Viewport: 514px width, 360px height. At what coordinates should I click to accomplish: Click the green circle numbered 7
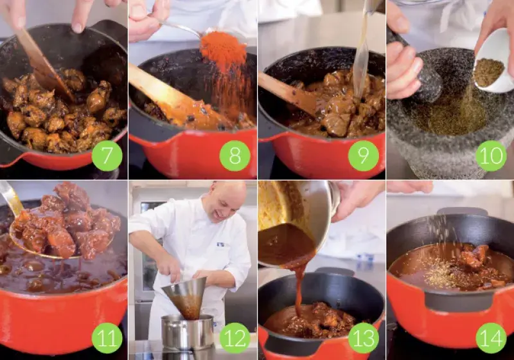pos(107,156)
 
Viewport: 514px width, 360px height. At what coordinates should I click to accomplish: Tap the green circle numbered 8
pos(235,156)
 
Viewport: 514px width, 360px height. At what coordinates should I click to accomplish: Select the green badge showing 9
pos(363,156)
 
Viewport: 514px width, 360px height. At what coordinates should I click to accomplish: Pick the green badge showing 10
pos(491,156)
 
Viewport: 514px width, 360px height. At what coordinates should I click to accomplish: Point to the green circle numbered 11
pos(107,338)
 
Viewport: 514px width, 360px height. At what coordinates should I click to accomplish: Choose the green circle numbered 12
pos(235,338)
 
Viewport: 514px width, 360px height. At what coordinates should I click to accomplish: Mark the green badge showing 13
pos(363,338)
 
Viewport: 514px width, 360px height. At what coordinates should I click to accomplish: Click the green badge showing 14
pos(491,338)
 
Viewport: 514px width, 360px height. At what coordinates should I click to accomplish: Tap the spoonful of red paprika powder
pos(223,50)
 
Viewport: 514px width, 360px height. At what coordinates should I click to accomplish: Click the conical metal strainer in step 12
pos(185,298)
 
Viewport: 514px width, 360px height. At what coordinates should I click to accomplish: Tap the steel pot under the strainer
pos(187,332)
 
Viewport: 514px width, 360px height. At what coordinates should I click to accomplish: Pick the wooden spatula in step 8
pos(170,94)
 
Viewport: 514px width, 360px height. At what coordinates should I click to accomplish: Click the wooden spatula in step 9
pos(288,95)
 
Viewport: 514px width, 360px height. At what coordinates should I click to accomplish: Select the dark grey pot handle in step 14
pos(459,301)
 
